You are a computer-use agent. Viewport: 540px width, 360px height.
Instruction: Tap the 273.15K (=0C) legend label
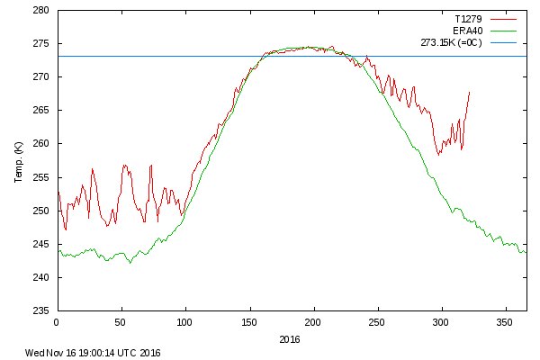(x=452, y=42)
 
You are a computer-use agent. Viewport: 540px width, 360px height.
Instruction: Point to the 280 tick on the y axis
(x=40, y=11)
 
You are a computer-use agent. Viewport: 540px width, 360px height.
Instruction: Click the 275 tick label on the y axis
(x=40, y=44)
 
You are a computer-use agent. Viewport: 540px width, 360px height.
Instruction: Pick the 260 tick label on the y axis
(x=40, y=144)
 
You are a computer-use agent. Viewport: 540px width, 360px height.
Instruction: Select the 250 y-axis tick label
(x=40, y=211)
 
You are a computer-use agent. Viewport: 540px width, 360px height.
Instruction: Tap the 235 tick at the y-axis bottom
(x=40, y=310)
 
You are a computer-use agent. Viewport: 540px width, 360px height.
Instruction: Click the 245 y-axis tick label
(x=40, y=244)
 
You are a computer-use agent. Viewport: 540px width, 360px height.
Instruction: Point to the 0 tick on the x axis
(x=57, y=321)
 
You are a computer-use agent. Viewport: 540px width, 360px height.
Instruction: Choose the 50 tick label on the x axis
(x=121, y=321)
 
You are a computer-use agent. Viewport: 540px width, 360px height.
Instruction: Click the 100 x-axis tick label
(x=184, y=321)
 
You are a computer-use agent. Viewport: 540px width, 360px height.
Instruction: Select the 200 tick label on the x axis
(x=313, y=321)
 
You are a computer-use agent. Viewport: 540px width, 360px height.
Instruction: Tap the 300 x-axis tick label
(x=442, y=321)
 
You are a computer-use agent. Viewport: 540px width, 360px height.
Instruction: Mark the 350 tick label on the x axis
(x=506, y=321)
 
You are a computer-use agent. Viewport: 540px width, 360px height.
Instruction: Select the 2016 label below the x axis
(x=290, y=339)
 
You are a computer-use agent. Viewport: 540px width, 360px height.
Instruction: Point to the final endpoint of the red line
(x=470, y=92)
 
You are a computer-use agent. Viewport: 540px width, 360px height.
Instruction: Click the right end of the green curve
(x=526, y=252)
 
